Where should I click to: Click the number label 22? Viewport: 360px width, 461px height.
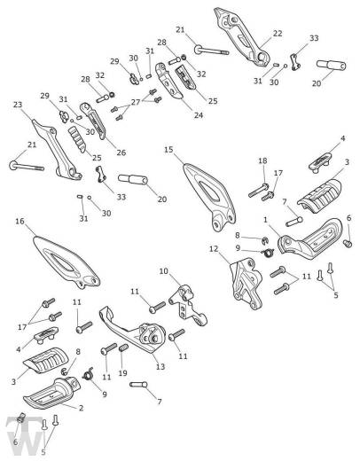click(278, 34)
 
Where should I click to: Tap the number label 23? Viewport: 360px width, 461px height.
click(18, 105)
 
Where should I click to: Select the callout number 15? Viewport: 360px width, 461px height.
click(168, 150)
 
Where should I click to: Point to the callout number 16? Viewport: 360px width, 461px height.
click(20, 221)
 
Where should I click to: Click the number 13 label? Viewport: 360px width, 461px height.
click(160, 367)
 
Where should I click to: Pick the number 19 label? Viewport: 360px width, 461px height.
click(122, 373)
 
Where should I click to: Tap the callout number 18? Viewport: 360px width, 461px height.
click(262, 160)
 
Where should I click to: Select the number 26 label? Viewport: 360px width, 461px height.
click(121, 152)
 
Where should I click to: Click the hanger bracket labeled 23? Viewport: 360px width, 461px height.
click(56, 150)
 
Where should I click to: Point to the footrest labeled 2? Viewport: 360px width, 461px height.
click(52, 393)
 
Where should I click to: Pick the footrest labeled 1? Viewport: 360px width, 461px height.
click(310, 239)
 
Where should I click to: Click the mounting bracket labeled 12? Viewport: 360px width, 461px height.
click(246, 283)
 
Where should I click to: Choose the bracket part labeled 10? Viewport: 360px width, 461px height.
click(188, 304)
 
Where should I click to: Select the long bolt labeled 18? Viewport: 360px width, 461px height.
click(258, 191)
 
